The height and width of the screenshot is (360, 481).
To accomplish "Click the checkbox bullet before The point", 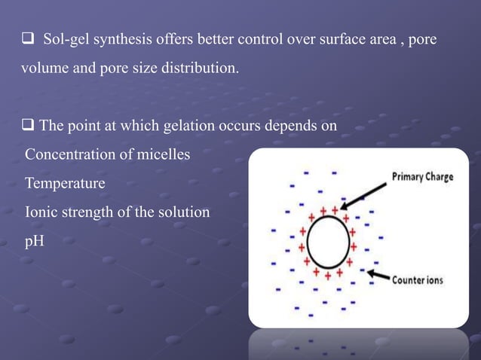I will point(26,126).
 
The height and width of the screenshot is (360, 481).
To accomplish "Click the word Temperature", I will point(65,183).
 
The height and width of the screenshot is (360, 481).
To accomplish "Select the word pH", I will point(34,241).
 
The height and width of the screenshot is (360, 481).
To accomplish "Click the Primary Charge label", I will point(422,178).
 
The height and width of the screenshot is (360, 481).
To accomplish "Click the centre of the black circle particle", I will point(326,243).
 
